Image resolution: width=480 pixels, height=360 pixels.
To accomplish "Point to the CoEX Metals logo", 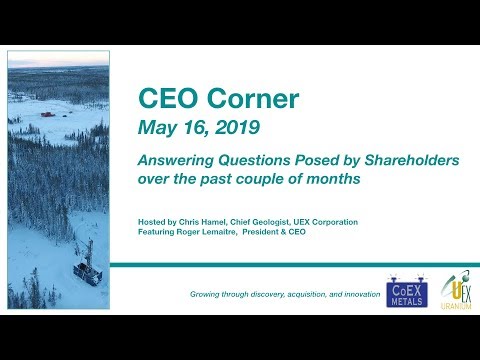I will (x=406, y=289).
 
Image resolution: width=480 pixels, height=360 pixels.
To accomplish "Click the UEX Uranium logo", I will (x=449, y=288).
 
